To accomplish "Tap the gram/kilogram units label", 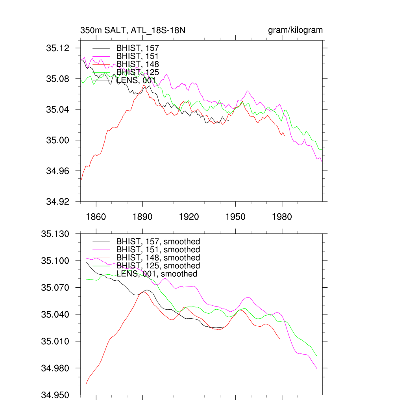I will (x=295, y=30).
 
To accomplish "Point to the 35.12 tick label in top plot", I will (x=58, y=48).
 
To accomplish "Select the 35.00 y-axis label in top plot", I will (x=58, y=140).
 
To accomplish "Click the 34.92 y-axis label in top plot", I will (x=58, y=201).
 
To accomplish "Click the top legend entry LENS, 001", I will (x=136, y=80).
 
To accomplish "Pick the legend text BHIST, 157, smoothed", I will (x=158, y=241).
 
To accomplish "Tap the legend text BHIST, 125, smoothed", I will (x=158, y=266).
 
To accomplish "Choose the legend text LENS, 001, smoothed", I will (x=156, y=274).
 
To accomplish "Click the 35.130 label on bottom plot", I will (x=55, y=234).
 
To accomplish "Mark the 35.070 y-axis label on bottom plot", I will (x=55, y=288).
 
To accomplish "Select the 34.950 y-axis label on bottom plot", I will (x=55, y=395).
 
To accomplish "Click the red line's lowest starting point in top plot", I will (x=81, y=180).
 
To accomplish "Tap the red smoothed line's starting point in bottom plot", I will (x=86, y=384).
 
